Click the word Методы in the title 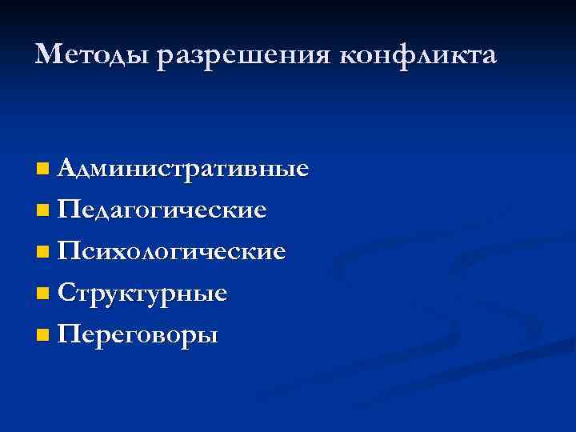pyautogui.click(x=94, y=55)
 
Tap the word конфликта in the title pyautogui.click(x=419, y=55)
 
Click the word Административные pyautogui.click(x=184, y=170)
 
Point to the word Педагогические pyautogui.click(x=162, y=211)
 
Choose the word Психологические pyautogui.click(x=172, y=252)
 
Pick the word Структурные pyautogui.click(x=143, y=293)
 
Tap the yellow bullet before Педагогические pyautogui.click(x=42, y=211)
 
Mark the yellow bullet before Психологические pyautogui.click(x=42, y=253)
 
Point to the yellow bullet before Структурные pyautogui.click(x=42, y=294)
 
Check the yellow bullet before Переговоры pyautogui.click(x=42, y=334)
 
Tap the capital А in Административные pyautogui.click(x=69, y=169)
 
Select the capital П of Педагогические pyautogui.click(x=70, y=210)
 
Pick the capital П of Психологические pyautogui.click(x=70, y=251)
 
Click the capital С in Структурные pyautogui.click(x=68, y=293)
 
